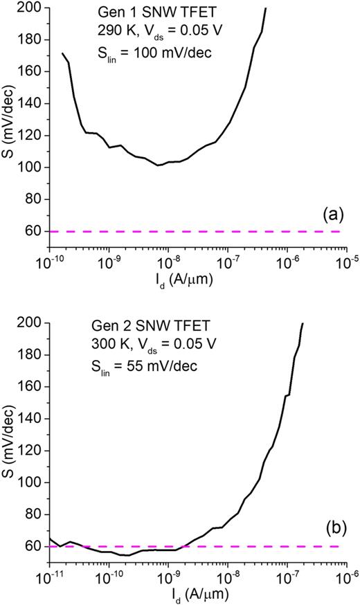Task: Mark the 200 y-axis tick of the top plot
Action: coord(34,8)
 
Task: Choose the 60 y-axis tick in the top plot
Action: coord(37,232)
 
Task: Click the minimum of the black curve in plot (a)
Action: coord(159,165)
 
